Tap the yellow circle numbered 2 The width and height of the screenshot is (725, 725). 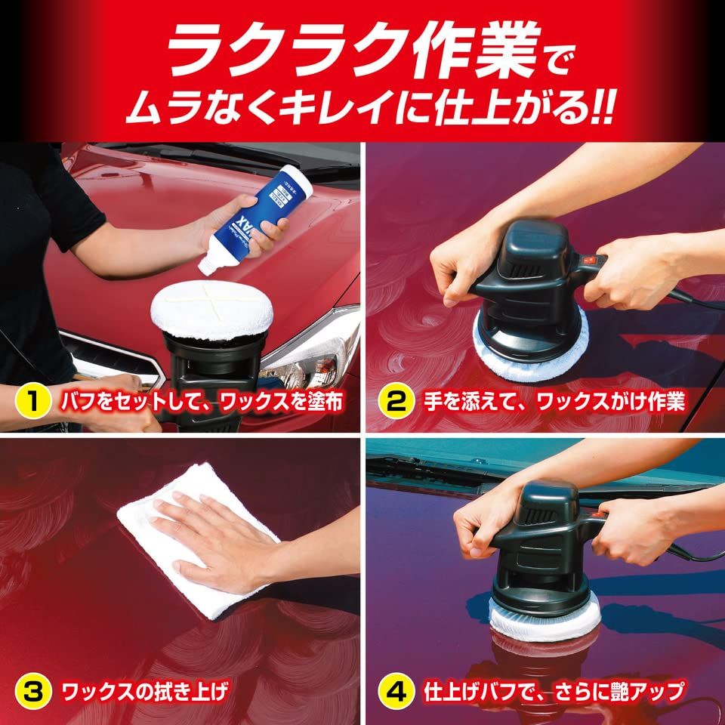[396, 401]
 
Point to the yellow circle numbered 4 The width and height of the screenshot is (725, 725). [396, 690]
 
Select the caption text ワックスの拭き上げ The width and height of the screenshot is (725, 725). [143, 690]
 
